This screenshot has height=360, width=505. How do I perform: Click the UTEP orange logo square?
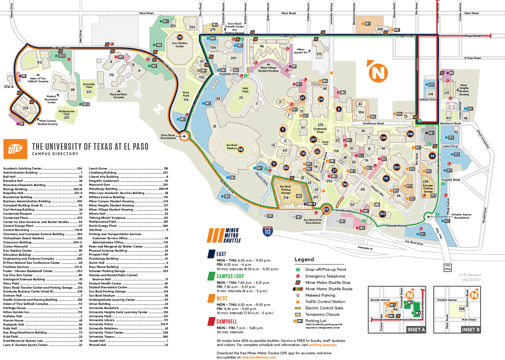click(15, 149)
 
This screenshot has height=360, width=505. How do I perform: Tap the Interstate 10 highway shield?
click(267, 231)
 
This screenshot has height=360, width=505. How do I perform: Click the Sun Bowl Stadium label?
click(232, 147)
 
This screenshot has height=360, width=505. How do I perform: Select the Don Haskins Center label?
click(180, 45)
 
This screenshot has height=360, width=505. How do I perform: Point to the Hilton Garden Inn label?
click(301, 51)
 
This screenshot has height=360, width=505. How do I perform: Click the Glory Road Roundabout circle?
click(184, 136)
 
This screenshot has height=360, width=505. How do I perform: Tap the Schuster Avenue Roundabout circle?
click(429, 217)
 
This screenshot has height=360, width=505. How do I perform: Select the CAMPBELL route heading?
click(227, 322)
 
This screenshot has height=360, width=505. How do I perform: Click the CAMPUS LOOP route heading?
click(230, 277)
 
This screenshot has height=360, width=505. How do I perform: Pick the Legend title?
click(304, 260)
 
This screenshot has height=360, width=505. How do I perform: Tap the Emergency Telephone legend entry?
click(325, 276)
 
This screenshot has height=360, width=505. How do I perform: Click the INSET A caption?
click(416, 330)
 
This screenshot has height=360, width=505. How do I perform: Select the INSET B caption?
click(471, 330)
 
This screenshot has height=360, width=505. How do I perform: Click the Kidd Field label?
click(245, 90)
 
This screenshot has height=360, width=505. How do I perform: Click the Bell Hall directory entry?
click(10, 177)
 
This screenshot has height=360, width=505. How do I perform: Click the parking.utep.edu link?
click(322, 345)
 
